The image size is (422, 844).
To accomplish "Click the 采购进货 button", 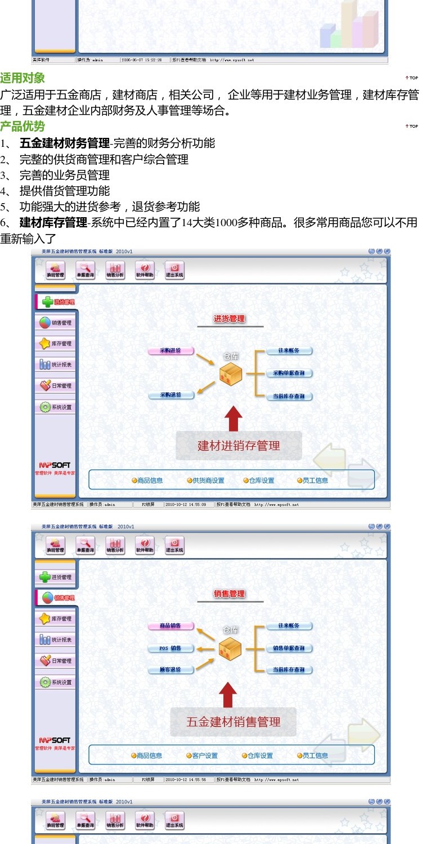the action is coord(170,351).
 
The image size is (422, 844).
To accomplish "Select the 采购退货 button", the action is coord(170,395).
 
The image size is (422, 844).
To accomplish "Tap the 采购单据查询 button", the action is coord(289,373).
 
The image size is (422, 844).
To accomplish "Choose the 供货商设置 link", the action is coord(205,481).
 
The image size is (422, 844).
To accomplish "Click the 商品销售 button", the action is coord(170,626).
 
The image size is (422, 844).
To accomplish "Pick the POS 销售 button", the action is coord(170,648).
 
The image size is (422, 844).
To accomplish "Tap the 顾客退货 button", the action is coord(170,670).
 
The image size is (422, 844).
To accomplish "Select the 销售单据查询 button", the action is coord(289,648).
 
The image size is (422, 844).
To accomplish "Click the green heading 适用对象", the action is coord(23,78).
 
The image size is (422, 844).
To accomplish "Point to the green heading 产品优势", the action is coord(23,126).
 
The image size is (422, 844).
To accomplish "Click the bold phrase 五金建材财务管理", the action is coord(64,143).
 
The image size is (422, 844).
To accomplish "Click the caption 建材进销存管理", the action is coord(239,446).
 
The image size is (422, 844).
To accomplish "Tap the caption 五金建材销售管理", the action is coord(233,721).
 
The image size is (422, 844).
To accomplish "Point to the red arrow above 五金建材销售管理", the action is coord(227,695).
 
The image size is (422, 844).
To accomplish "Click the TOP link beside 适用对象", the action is coord(412,78).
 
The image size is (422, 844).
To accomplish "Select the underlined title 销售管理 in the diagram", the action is coord(230,594).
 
